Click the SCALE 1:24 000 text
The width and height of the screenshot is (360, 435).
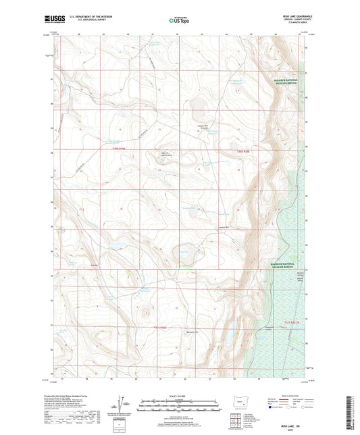tap(180, 396)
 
